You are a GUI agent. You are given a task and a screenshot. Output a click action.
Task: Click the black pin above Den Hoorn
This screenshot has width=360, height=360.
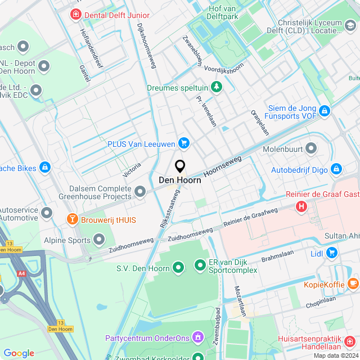(x=180, y=166)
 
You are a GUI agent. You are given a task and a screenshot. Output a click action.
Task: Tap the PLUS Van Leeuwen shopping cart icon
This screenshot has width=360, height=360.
(x=183, y=144)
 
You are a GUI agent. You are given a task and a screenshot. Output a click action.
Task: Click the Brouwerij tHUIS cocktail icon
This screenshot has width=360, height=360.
(x=72, y=219)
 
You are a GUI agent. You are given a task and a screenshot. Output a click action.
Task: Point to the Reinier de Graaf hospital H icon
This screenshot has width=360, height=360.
(x=302, y=206)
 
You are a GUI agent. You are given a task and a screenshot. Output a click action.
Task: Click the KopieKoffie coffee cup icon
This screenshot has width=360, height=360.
(x=353, y=283)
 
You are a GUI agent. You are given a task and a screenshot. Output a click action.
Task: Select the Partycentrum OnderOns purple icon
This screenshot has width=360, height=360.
(x=198, y=337)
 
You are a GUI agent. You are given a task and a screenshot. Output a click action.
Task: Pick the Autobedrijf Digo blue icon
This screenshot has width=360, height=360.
(x=336, y=168)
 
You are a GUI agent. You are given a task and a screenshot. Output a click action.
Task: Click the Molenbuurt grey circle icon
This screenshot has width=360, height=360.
(x=311, y=149)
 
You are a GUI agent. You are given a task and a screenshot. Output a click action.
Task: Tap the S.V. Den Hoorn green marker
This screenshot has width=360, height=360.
(x=178, y=267)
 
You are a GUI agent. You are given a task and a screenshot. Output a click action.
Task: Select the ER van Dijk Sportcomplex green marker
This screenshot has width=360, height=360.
(x=200, y=264)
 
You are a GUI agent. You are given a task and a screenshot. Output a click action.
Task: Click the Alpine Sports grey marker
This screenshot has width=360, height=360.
(x=100, y=241)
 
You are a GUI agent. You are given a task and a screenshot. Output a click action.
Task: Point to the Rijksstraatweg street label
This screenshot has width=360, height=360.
(x=169, y=208)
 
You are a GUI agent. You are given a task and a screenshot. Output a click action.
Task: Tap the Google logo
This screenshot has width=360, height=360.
(x=19, y=353)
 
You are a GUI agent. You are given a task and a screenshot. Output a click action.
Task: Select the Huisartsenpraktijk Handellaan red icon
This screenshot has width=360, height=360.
(x=349, y=341)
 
